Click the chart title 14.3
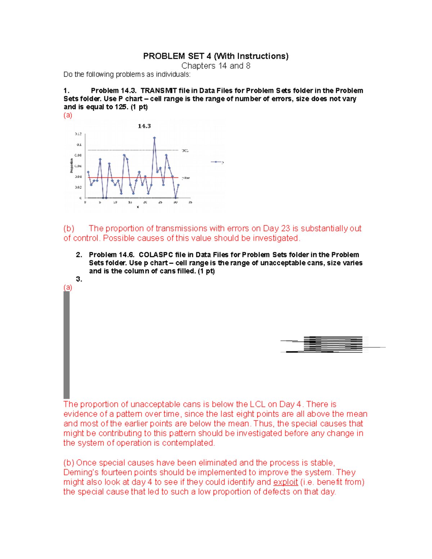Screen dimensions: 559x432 [x=144, y=126]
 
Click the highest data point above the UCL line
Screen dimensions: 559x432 [x=154, y=138]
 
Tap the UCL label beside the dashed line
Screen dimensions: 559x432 [x=185, y=150]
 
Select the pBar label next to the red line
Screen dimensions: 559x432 [x=185, y=178]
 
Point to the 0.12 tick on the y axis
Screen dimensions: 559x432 [x=78, y=134]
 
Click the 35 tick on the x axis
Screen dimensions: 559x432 [x=190, y=202]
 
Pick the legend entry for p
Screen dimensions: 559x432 [x=217, y=162]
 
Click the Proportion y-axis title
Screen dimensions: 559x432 [x=71, y=166]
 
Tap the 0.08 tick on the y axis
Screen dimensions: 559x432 [x=78, y=155]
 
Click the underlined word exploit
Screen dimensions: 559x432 [x=285, y=482]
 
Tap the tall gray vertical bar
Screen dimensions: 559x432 [x=67, y=344]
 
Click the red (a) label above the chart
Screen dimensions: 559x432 [x=68, y=115]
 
